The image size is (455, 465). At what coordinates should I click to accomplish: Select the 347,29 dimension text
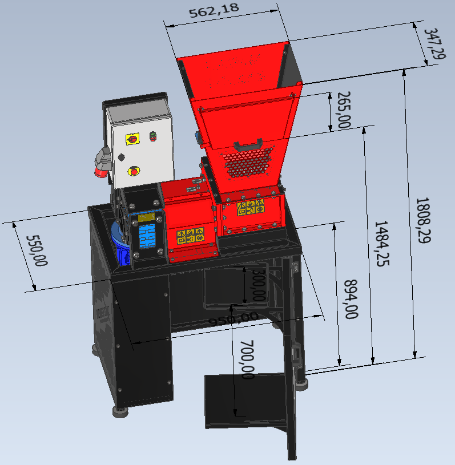pyautogui.click(x=436, y=43)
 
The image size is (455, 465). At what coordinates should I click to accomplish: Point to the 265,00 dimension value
pyautogui.click(x=344, y=110)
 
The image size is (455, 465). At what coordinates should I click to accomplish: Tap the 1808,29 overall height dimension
pyautogui.click(x=424, y=220)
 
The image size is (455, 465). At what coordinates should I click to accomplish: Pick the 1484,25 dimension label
pyautogui.click(x=382, y=244)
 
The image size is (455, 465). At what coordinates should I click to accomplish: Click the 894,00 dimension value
pyautogui.click(x=351, y=299)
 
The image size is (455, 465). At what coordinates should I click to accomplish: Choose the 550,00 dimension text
pyautogui.click(x=37, y=251)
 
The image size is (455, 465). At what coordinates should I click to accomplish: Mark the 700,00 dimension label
pyautogui.click(x=247, y=359)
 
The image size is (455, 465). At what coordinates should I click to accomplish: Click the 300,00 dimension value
pyautogui.click(x=259, y=285)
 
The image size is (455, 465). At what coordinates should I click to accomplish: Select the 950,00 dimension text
pyautogui.click(x=233, y=319)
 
